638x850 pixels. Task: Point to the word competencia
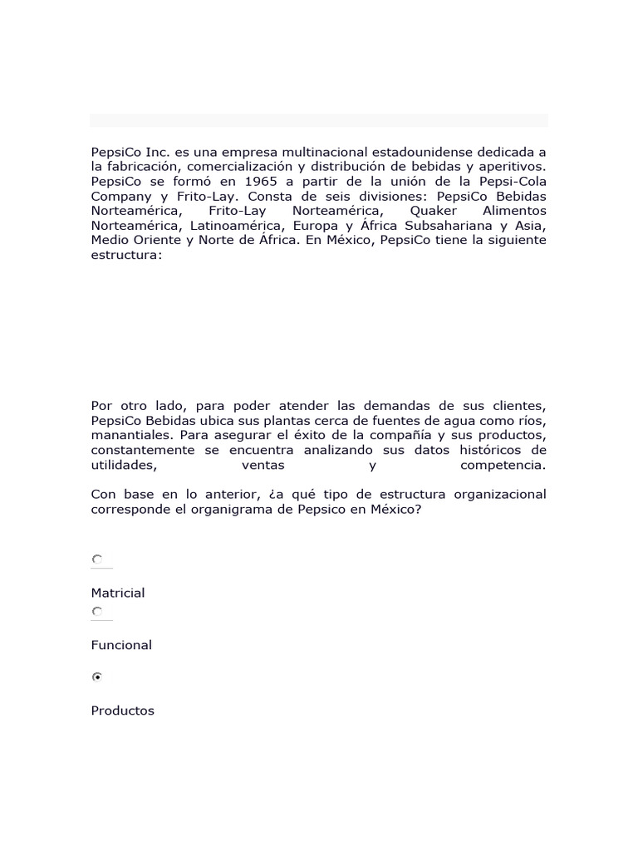(x=503, y=465)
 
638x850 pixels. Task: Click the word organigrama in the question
(x=249, y=509)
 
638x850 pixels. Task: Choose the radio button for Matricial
(x=97, y=560)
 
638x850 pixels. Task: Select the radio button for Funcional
(x=97, y=612)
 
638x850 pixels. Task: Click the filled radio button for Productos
(x=97, y=677)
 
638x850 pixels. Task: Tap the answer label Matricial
(x=118, y=593)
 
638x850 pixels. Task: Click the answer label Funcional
(x=121, y=645)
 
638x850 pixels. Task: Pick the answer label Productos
(x=123, y=711)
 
